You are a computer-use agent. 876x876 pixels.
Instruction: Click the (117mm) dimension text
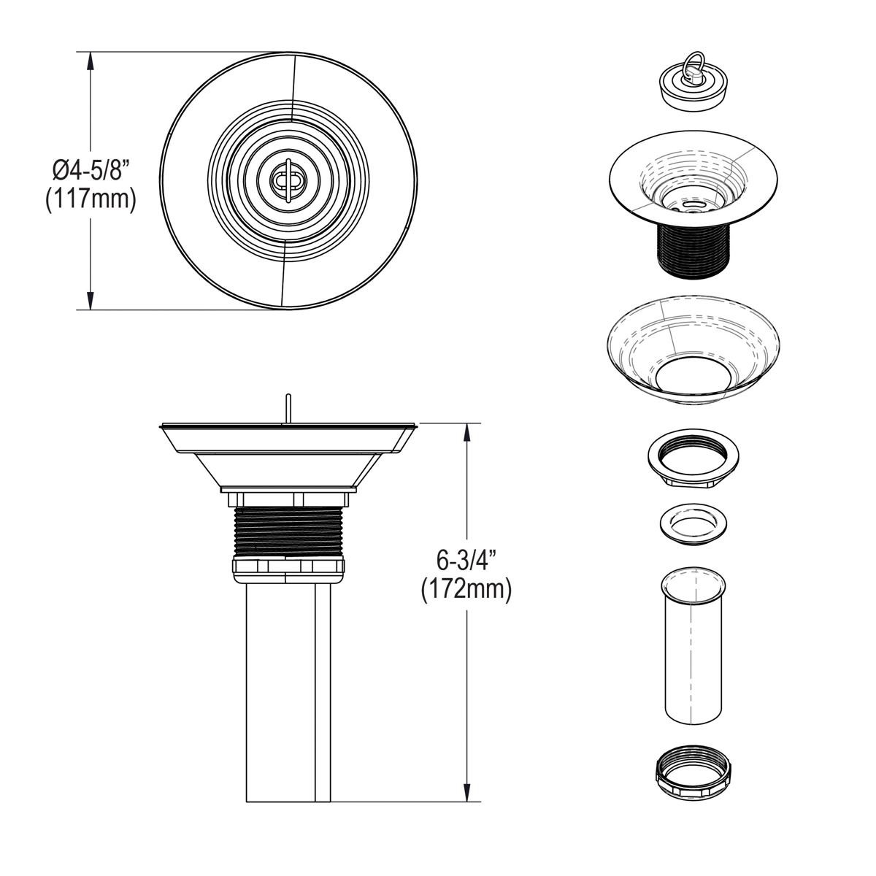[x=91, y=199]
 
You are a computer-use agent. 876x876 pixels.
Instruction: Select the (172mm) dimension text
[x=466, y=588]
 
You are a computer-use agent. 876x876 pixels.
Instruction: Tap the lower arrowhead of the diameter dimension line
[x=90, y=300]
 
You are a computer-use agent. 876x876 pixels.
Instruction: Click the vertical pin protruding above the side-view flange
[x=288, y=407]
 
